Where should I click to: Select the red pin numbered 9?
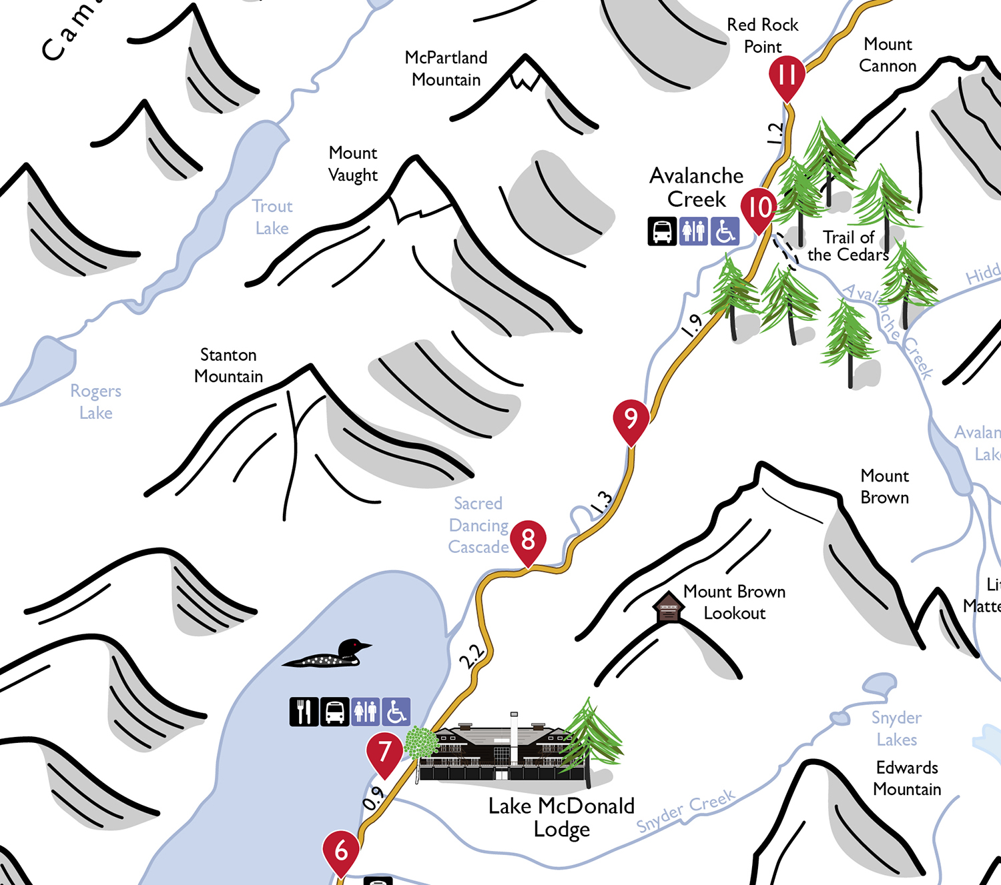pyautogui.click(x=631, y=419)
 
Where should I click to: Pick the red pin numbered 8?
pyautogui.click(x=528, y=540)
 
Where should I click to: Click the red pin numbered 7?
pyautogui.click(x=384, y=752)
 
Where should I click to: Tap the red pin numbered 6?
pyautogui.click(x=341, y=851)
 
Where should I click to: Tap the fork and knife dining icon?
pyautogui.click(x=304, y=712)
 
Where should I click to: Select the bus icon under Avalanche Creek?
pyautogui.click(x=662, y=231)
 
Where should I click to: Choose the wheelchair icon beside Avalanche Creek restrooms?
pyautogui.click(x=725, y=231)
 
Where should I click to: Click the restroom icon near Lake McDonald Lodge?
pyautogui.click(x=366, y=712)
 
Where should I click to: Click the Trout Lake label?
pyautogui.click(x=272, y=217)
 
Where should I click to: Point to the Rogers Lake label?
pyautogui.click(x=96, y=401)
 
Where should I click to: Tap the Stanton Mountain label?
pyautogui.click(x=228, y=365)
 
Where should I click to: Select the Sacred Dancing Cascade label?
pyautogui.click(x=478, y=525)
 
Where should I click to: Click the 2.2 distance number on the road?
pyautogui.click(x=472, y=656)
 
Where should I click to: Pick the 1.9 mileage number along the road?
pyautogui.click(x=692, y=325)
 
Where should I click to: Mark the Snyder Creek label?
pyautogui.click(x=685, y=810)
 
